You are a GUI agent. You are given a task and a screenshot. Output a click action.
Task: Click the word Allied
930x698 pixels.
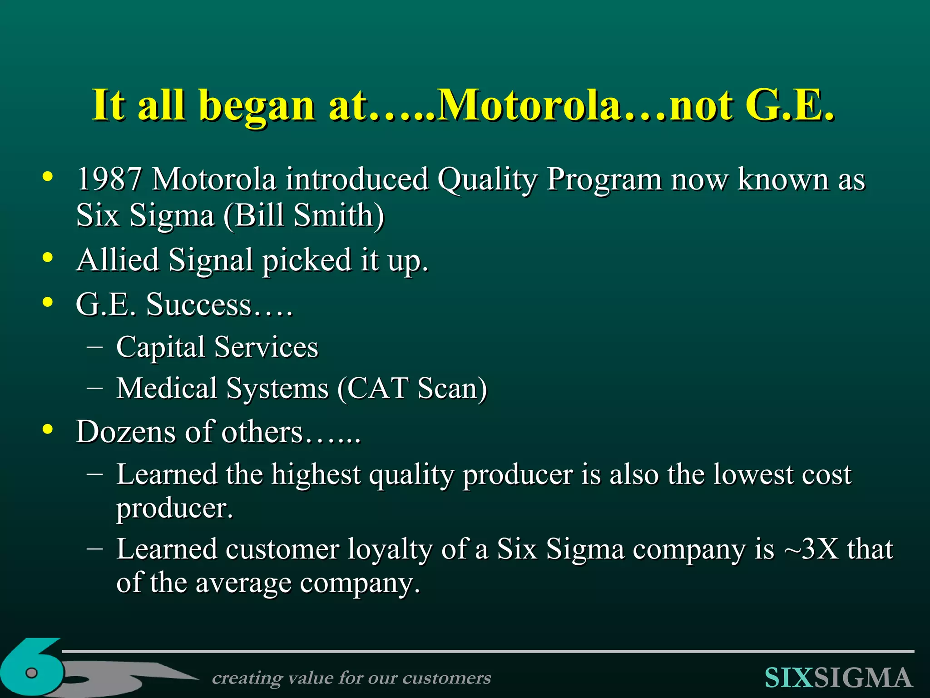tap(118, 260)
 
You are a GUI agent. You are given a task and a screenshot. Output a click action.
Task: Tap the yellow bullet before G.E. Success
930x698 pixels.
tap(48, 302)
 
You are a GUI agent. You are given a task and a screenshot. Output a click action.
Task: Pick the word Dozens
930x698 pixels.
tap(125, 432)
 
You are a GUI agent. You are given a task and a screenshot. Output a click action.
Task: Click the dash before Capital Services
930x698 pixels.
tap(94, 347)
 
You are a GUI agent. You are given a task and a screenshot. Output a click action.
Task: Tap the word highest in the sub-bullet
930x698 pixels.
tap(316, 475)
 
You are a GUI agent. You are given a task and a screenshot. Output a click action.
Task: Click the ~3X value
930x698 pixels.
tap(811, 549)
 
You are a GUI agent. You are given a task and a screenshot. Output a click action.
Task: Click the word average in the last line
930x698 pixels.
tap(243, 583)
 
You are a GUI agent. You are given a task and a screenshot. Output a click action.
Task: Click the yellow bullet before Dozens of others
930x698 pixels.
tap(48, 429)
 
